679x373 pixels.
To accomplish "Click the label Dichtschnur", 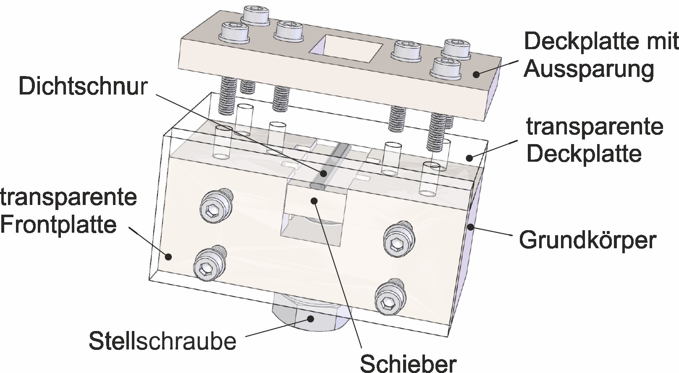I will pyautogui.click(x=83, y=86).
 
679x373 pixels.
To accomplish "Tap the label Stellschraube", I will pyautogui.click(x=163, y=341).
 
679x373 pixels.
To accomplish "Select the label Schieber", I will pyautogui.click(x=408, y=362).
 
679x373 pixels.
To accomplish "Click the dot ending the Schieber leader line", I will pyautogui.click(x=313, y=200).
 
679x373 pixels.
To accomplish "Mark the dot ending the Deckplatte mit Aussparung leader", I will pyautogui.click(x=476, y=74).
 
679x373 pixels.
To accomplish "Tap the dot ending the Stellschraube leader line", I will pyautogui.click(x=310, y=319).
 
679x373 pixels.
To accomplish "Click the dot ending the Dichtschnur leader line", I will pyautogui.click(x=324, y=172).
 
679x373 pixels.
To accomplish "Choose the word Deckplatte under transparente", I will pyautogui.click(x=584, y=154).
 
